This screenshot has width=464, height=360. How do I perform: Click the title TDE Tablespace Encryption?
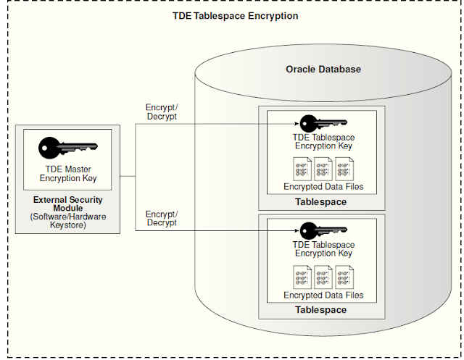pos(231,15)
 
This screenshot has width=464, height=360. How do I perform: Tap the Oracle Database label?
pos(323,70)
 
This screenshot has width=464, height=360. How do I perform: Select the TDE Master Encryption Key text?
pos(67,174)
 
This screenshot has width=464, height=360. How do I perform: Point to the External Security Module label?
pos(67,204)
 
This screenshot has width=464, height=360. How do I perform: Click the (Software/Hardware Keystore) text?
pos(67,220)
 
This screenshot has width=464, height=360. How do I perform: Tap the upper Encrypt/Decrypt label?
pos(160,112)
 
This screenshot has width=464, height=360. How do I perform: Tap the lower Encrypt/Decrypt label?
pos(160,219)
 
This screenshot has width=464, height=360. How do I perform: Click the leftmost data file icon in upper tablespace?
pos(302,169)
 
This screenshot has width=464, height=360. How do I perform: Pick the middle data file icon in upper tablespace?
pos(323,169)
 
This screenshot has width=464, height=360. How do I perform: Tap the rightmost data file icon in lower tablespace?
pos(344,277)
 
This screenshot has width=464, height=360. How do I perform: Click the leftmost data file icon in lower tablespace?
pos(302,277)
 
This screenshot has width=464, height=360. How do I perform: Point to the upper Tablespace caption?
pos(320,201)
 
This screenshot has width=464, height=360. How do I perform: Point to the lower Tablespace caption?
pos(320,309)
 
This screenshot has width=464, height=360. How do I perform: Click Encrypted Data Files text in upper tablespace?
pos(323,187)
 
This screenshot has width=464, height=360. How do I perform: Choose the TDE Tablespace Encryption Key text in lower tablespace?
pos(323,249)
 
